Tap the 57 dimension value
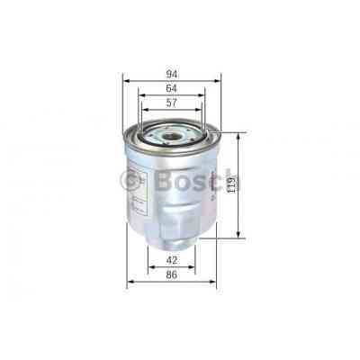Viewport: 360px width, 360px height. [171, 103]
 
